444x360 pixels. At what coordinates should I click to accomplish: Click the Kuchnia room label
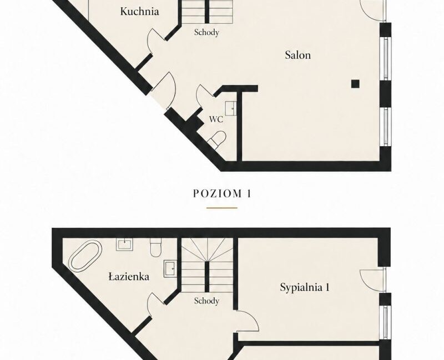click(x=139, y=12)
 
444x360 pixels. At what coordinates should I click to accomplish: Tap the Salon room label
click(x=298, y=54)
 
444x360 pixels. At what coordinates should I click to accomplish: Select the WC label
click(x=216, y=119)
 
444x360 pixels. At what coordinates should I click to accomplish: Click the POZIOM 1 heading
click(x=222, y=193)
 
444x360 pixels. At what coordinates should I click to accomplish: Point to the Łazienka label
click(x=129, y=276)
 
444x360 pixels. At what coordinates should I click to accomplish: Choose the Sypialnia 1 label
click(x=305, y=287)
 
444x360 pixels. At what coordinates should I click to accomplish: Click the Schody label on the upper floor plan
click(x=206, y=32)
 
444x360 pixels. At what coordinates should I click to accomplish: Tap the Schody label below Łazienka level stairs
click(x=206, y=301)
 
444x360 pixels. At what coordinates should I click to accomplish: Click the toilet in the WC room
click(x=218, y=139)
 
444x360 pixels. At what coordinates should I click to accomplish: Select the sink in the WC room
click(x=231, y=108)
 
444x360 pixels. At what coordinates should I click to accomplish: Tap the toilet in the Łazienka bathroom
click(x=155, y=247)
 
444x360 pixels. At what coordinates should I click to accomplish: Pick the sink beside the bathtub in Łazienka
click(x=124, y=244)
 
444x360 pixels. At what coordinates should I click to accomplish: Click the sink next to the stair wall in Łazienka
click(x=170, y=269)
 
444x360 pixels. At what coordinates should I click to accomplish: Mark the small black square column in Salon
click(x=355, y=84)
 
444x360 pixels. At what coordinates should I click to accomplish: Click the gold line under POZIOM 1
click(x=221, y=208)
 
